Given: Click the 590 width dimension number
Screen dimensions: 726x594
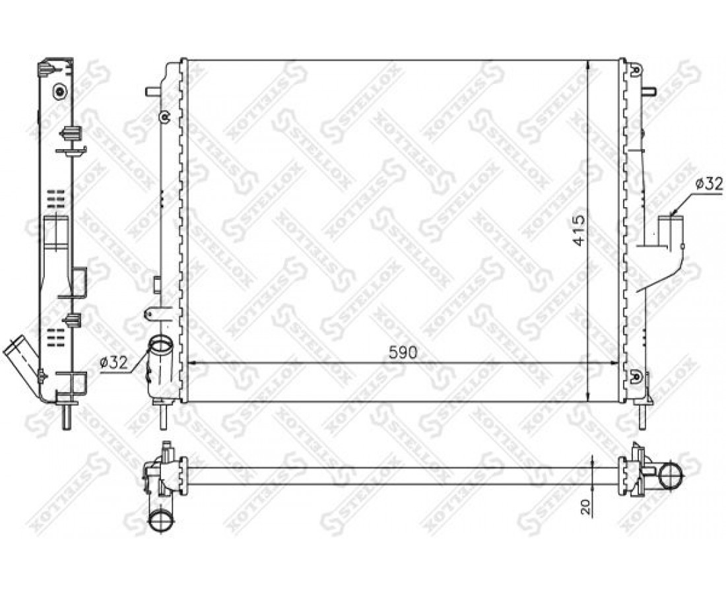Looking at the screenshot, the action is point(403,352).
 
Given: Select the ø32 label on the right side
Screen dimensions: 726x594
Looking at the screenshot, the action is point(709,184).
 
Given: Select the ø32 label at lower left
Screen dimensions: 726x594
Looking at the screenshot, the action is point(114,362).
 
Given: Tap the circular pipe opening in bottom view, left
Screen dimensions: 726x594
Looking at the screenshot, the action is point(161,523).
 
